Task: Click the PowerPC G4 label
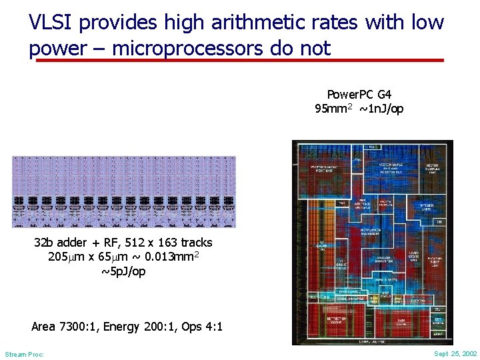point(359,95)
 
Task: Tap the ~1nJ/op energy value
point(381,109)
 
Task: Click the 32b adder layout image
point(124,192)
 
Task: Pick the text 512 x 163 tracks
point(169,243)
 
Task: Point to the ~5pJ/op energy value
point(123,272)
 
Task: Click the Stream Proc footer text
point(24,354)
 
